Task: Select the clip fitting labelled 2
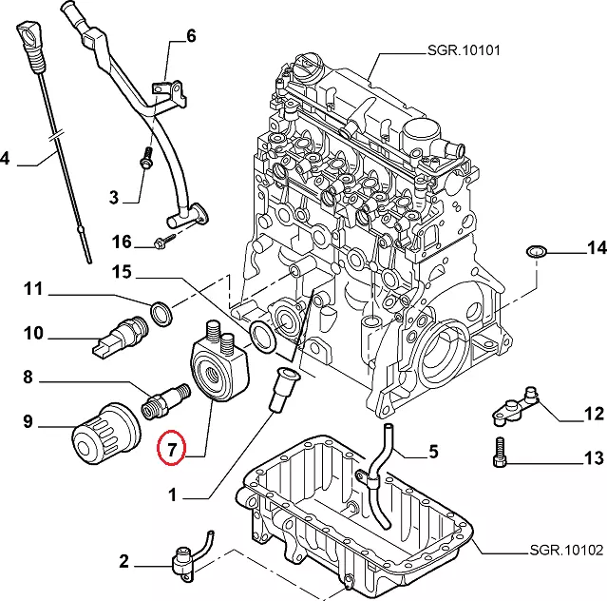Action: tap(182, 564)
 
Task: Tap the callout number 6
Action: tap(191, 37)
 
